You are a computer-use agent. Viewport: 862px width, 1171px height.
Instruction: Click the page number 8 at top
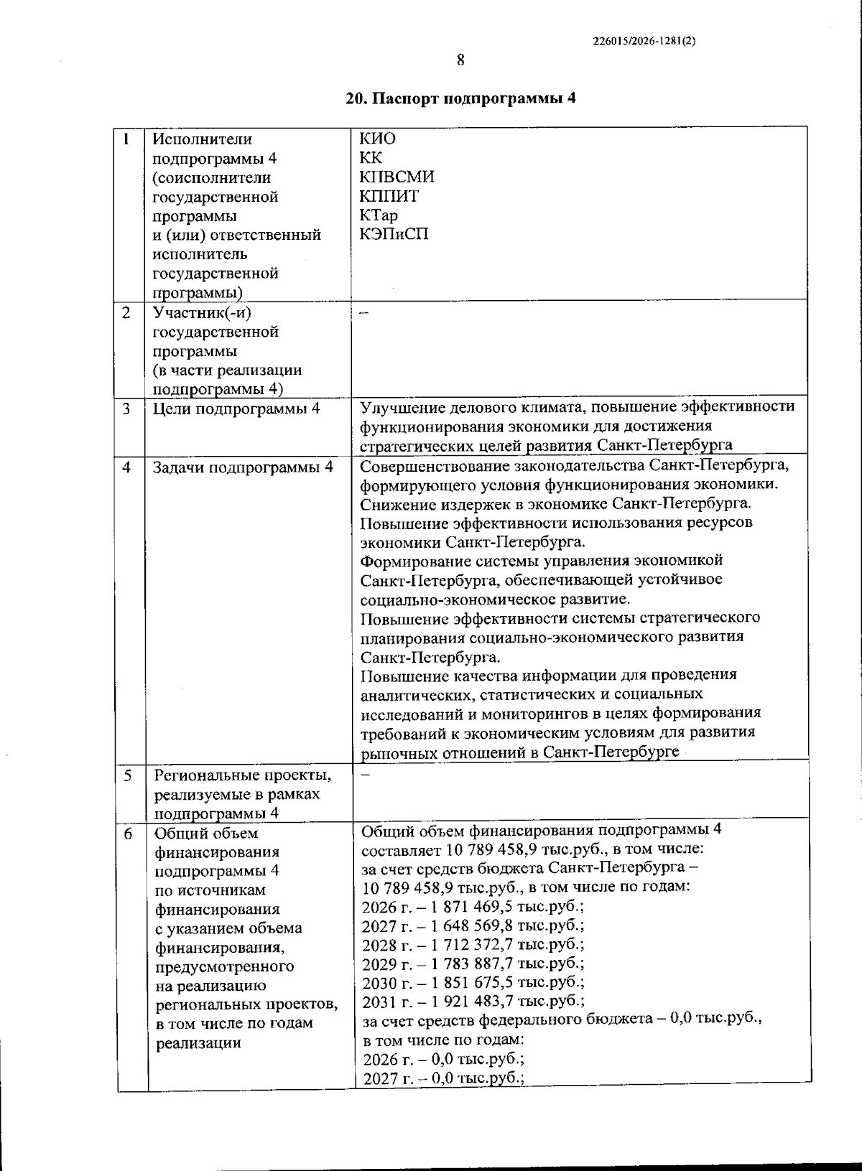[x=460, y=60]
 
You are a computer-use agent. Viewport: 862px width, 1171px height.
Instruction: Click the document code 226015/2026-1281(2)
[x=644, y=41]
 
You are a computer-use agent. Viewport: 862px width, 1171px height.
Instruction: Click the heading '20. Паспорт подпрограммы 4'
[x=460, y=99]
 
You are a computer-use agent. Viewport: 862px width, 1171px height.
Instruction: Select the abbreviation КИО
[x=378, y=139]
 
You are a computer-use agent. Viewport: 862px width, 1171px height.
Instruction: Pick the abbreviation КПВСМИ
[x=397, y=177]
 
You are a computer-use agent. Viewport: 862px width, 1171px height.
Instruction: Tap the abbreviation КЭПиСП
[x=394, y=234]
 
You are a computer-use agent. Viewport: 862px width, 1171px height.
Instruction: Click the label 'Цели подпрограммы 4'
[x=236, y=409]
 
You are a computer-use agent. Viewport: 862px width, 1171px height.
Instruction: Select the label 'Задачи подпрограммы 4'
[x=243, y=467]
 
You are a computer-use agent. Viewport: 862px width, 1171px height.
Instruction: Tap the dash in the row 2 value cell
[x=363, y=313]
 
